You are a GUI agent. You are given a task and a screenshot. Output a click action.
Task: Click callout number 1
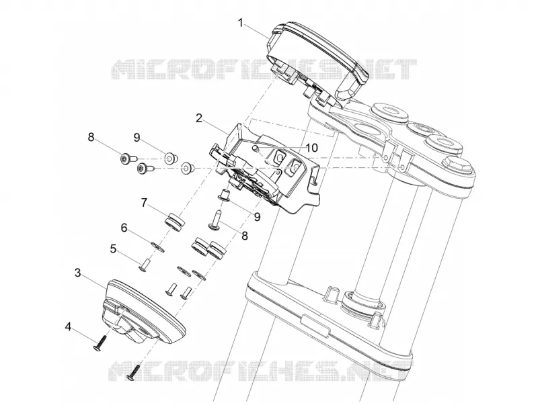[x=241, y=23]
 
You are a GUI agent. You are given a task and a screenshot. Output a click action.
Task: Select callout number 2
[x=198, y=119]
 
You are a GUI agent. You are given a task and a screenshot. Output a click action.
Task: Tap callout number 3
[x=78, y=273]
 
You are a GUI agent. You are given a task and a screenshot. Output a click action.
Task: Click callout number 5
[x=113, y=249]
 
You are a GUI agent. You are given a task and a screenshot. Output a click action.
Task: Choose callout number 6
[x=124, y=228]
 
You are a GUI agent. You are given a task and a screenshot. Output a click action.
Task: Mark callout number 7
[x=144, y=204]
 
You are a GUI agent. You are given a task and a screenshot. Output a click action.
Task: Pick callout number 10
[x=312, y=148]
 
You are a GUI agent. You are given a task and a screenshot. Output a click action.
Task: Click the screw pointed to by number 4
[x=100, y=343]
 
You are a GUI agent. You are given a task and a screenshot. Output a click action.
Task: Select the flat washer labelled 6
[x=158, y=246]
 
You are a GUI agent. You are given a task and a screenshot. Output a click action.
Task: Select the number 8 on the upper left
[x=91, y=138]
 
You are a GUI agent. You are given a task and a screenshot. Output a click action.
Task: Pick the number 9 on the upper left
[x=137, y=138]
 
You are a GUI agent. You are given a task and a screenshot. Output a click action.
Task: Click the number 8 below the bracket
[x=245, y=236]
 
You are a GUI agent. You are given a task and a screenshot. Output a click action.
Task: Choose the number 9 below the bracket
[x=257, y=217]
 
